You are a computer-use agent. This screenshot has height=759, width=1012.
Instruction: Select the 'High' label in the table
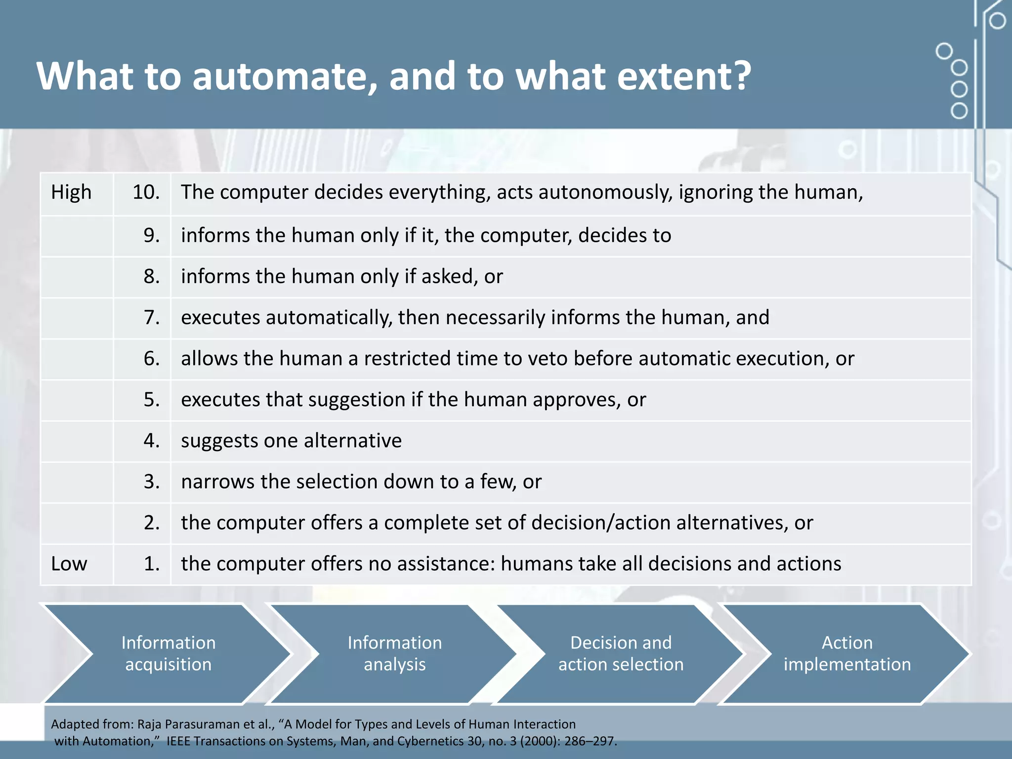71,192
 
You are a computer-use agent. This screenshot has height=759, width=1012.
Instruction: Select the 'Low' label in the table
69,564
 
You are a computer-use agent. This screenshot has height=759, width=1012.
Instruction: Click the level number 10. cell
146,192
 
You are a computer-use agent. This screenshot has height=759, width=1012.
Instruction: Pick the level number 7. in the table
151,317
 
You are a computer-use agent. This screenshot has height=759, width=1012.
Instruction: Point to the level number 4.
151,440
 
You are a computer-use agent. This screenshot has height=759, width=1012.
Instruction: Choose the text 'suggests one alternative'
291,440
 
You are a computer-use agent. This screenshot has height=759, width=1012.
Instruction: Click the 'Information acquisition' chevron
168,653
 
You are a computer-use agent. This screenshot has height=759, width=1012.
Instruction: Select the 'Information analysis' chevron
394,653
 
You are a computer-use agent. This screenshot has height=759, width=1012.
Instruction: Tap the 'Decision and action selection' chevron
621,653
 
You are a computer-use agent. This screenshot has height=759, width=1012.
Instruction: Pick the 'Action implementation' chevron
846,653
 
